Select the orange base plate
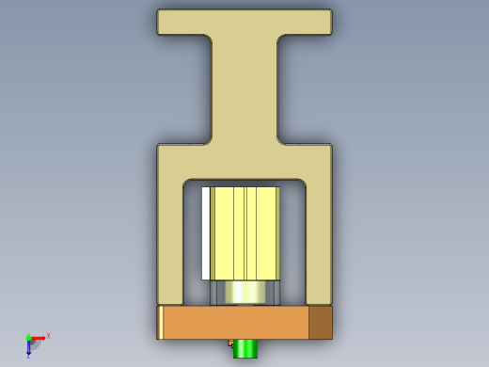235,323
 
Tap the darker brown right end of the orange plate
320,323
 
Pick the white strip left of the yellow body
206,232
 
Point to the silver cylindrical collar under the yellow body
246,293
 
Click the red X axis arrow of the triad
39,337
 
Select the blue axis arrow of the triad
29,349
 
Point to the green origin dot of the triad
28,338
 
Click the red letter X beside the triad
48,335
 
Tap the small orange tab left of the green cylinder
230,343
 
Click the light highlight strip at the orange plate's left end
160,323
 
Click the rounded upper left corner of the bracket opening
187,183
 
